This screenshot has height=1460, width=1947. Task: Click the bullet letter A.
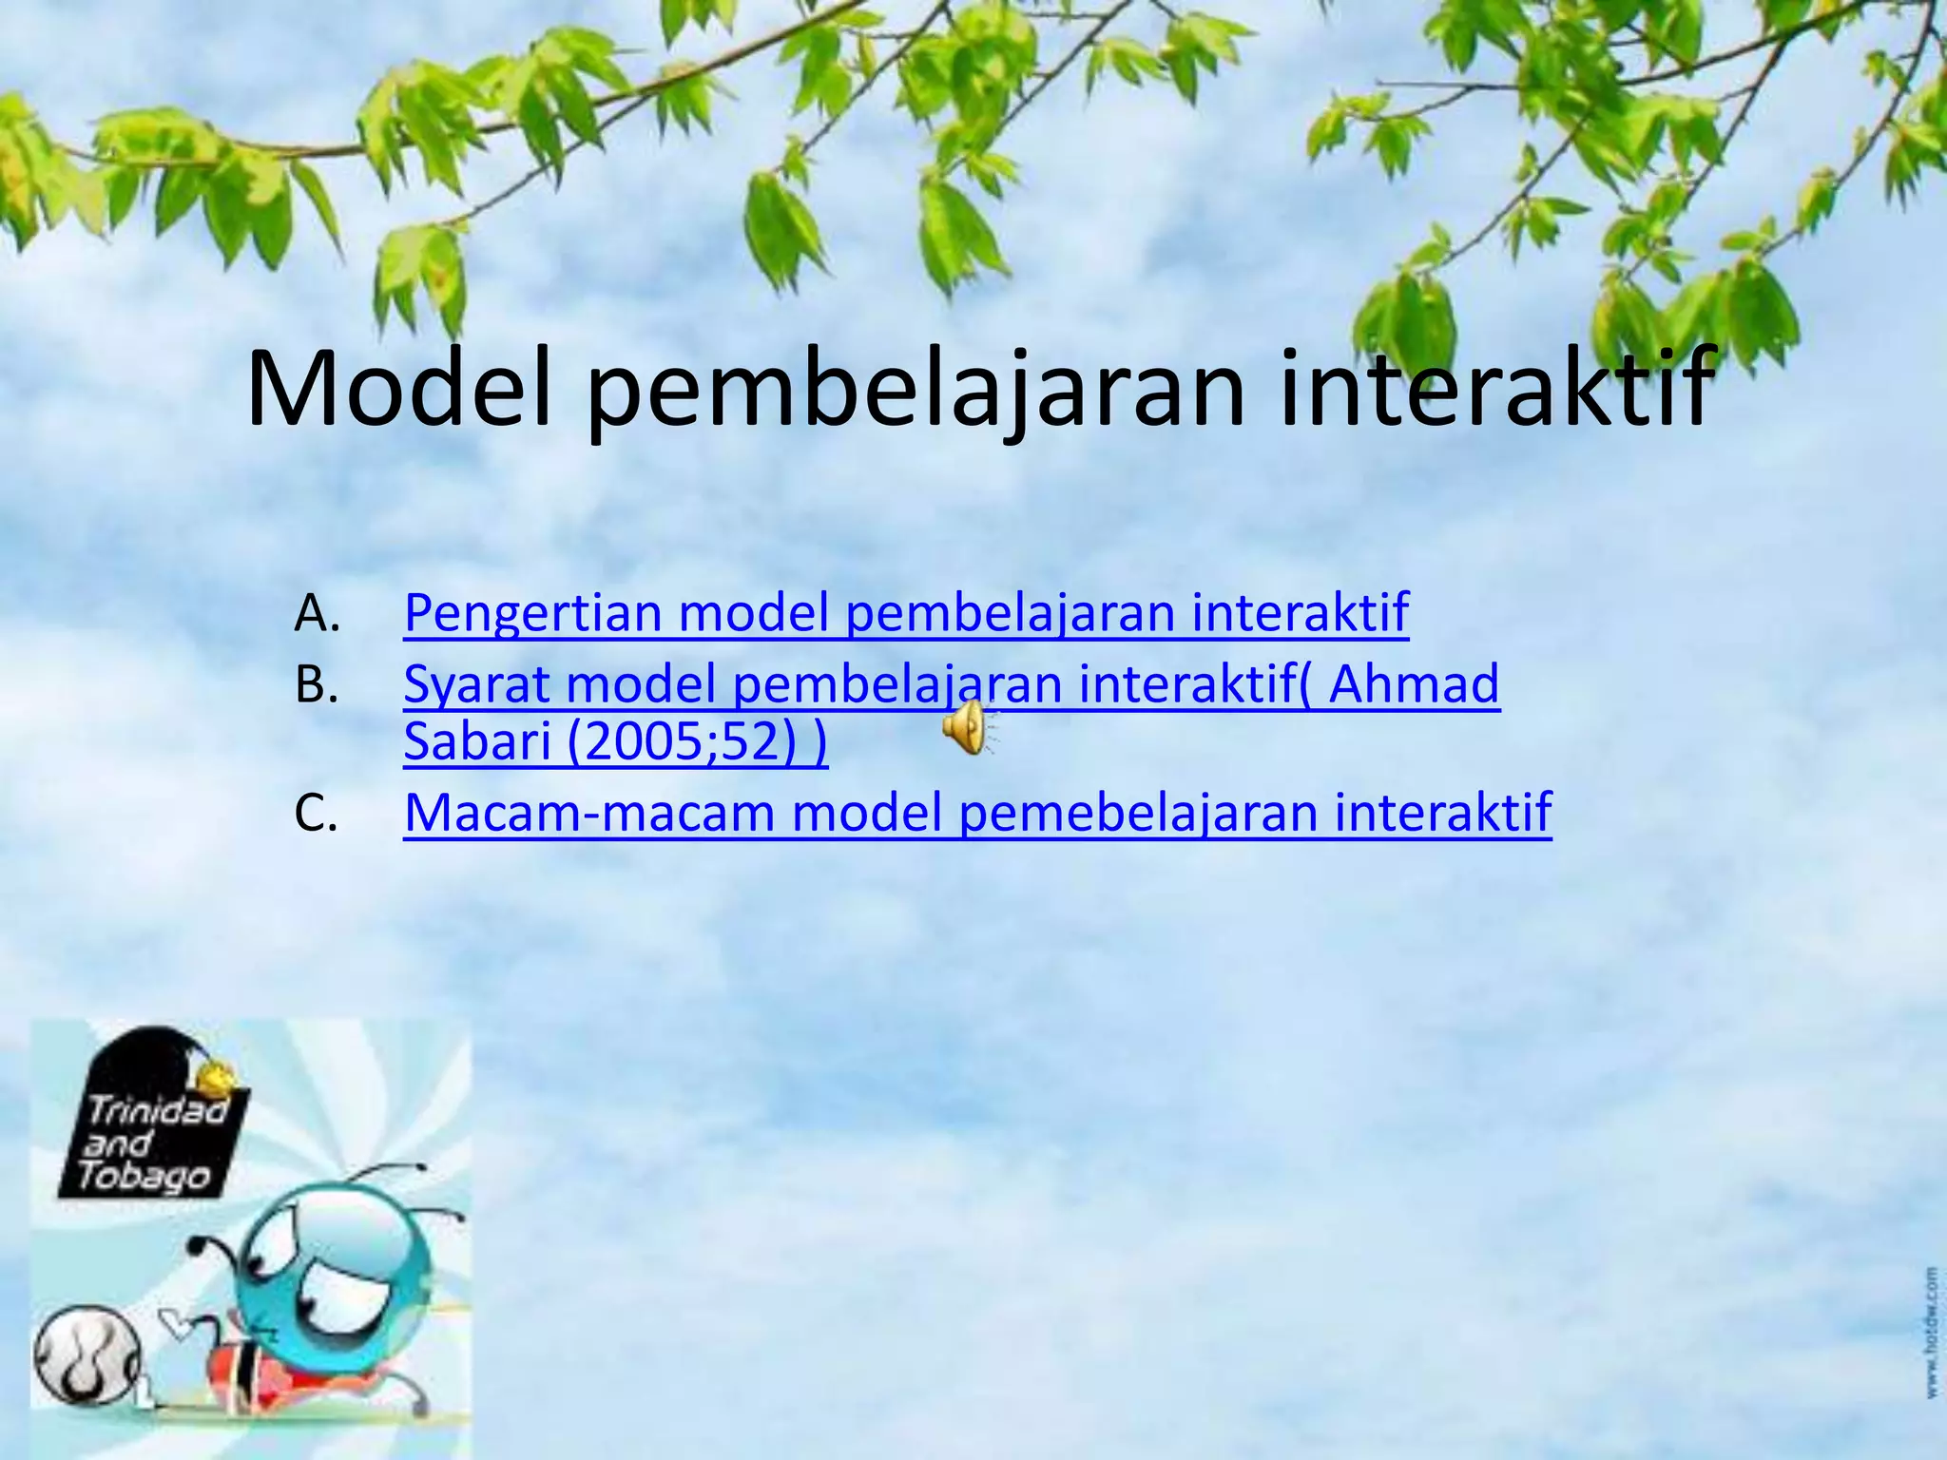pyautogui.click(x=316, y=613)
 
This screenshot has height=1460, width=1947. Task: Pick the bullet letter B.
pyautogui.click(x=316, y=685)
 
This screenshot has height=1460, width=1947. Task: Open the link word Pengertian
pyautogui.click(x=532, y=613)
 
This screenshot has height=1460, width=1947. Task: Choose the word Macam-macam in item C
pyautogui.click(x=589, y=814)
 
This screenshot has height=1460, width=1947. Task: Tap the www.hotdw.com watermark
pyautogui.click(x=1931, y=1331)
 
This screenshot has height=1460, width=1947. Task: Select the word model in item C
pyautogui.click(x=866, y=814)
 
